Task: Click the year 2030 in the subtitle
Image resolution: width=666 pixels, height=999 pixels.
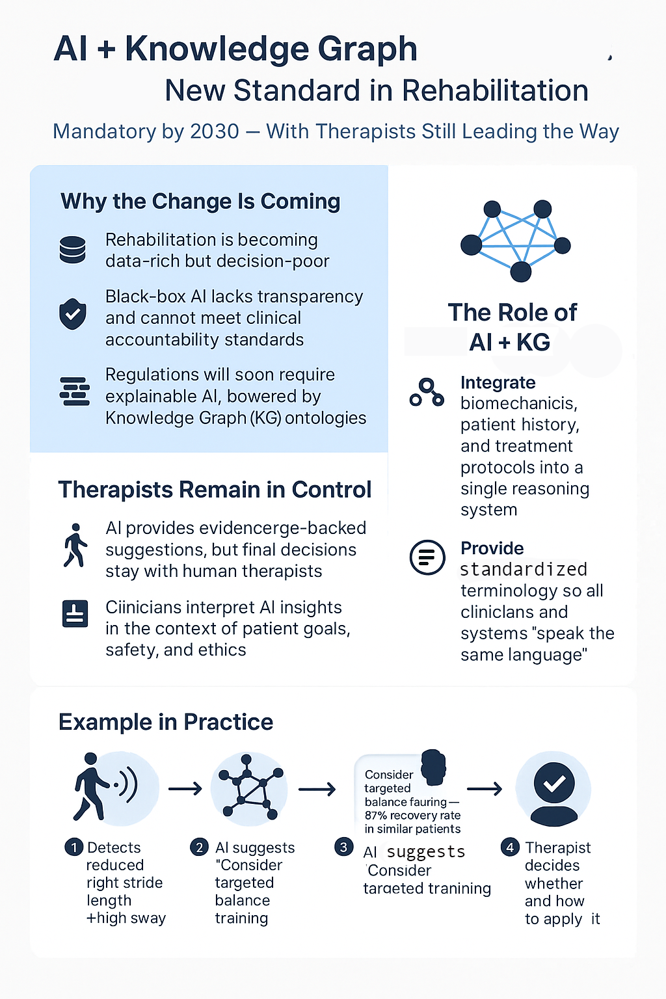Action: (215, 131)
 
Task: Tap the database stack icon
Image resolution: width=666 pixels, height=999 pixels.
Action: (72, 250)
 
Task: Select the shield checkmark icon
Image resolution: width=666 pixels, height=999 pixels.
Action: (73, 314)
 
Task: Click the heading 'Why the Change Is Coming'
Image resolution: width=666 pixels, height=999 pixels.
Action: (200, 202)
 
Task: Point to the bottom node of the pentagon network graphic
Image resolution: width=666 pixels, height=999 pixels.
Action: (520, 272)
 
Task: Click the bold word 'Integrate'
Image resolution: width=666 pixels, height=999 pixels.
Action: (498, 382)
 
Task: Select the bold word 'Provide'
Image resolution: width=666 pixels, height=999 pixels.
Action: (492, 548)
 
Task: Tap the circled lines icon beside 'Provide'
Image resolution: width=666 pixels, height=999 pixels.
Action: (427, 557)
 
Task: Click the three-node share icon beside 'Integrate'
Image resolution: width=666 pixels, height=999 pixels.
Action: (427, 392)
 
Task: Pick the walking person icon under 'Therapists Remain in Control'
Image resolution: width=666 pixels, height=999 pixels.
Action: (75, 546)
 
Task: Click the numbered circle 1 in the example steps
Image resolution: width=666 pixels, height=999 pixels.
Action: (74, 847)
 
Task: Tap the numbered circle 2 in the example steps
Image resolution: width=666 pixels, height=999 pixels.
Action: (200, 847)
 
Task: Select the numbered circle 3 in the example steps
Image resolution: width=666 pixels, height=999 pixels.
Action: (344, 847)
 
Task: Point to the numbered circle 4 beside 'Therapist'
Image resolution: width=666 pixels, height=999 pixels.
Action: (510, 847)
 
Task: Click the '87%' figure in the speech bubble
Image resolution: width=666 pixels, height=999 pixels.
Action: (376, 815)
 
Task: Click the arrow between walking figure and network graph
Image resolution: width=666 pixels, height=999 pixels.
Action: (185, 789)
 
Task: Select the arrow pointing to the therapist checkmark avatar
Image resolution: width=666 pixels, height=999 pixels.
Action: (485, 789)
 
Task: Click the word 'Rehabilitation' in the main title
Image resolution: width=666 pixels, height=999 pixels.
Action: (495, 90)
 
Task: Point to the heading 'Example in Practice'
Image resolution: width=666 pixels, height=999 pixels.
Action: (165, 722)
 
